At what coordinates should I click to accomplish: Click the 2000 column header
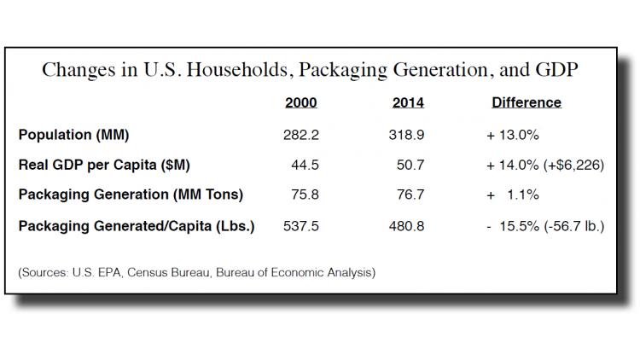(300, 102)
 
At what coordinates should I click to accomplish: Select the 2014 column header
(408, 102)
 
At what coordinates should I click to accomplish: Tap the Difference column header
(527, 102)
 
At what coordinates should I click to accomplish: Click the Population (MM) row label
(73, 134)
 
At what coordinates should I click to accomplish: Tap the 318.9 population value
(408, 134)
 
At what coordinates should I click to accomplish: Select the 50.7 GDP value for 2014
(411, 165)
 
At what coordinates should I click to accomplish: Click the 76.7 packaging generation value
(411, 195)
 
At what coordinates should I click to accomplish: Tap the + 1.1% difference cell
(513, 195)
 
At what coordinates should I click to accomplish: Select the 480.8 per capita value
(408, 225)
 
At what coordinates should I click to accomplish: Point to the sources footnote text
(196, 273)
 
